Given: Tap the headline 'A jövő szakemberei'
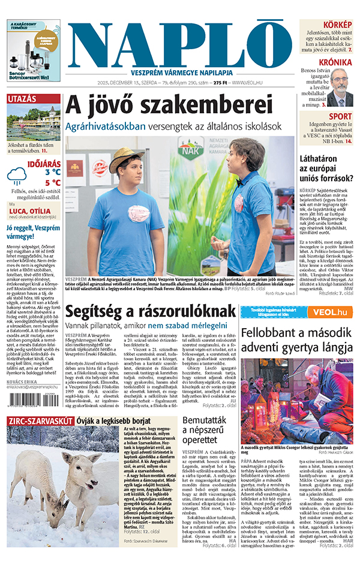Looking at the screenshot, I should coord(165,104).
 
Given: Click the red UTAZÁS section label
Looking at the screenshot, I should coord(22,99).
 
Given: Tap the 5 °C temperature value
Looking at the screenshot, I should coord(52,183).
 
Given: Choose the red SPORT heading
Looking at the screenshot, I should coord(340,116).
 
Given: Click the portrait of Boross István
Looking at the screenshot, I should coord(340,88).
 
